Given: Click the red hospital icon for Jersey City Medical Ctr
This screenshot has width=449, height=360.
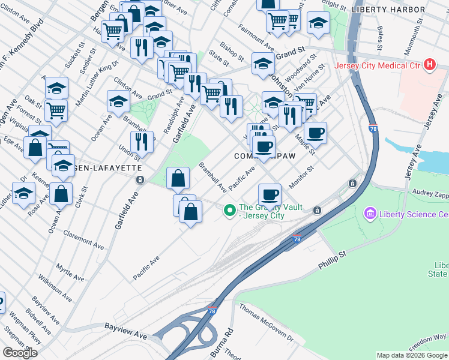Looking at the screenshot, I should [429, 65].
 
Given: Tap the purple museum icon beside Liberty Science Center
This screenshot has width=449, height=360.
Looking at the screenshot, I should [369, 214].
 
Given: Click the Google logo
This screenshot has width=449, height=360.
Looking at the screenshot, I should [20, 353].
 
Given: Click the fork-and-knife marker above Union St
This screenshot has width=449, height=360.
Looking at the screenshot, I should [142, 142].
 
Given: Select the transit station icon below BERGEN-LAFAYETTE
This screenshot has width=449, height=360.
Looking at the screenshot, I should [140, 179].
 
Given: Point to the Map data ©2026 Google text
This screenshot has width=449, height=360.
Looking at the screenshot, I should [412, 355].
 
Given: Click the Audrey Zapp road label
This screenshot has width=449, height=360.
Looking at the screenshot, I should [431, 194].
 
